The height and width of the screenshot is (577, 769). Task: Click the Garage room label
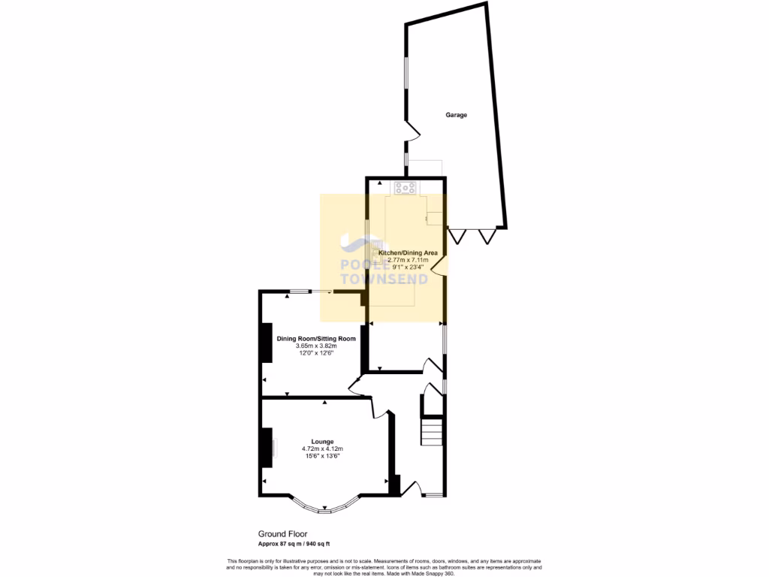click(456, 115)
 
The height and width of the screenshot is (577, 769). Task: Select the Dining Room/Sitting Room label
click(315, 338)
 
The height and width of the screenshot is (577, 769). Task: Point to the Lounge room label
click(323, 441)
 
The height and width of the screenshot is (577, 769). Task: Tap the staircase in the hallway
click(431, 434)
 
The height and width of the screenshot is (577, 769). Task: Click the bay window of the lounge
click(324, 509)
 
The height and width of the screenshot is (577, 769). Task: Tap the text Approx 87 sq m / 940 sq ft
click(289, 543)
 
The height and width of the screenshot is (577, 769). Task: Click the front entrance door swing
click(409, 490)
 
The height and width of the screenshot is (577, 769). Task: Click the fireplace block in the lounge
click(266, 448)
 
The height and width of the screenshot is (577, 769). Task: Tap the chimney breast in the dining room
click(265, 343)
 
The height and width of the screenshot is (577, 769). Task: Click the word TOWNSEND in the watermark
click(384, 279)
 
